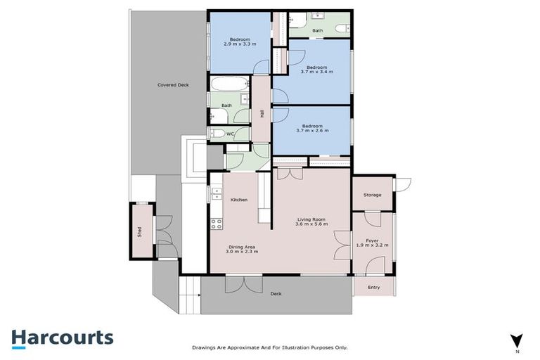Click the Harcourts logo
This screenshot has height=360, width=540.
[x=62, y=337]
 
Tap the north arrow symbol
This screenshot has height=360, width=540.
[x=517, y=340]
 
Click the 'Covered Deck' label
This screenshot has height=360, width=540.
[x=173, y=85]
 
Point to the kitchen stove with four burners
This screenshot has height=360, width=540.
[x=217, y=224]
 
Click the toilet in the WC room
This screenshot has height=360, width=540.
[x=217, y=133]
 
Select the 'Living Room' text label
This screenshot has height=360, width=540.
[x=310, y=219]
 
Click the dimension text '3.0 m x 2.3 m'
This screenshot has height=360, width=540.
[x=242, y=251]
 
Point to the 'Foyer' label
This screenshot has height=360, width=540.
[x=373, y=240]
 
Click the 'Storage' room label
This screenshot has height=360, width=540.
[x=372, y=195]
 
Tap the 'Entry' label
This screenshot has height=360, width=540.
[x=373, y=287]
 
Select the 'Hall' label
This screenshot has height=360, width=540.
[x=262, y=113]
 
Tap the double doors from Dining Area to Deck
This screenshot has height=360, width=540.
[x=244, y=284]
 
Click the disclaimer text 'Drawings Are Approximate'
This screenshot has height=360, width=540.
[x=269, y=347]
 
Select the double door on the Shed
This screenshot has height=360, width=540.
[x=163, y=231]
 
